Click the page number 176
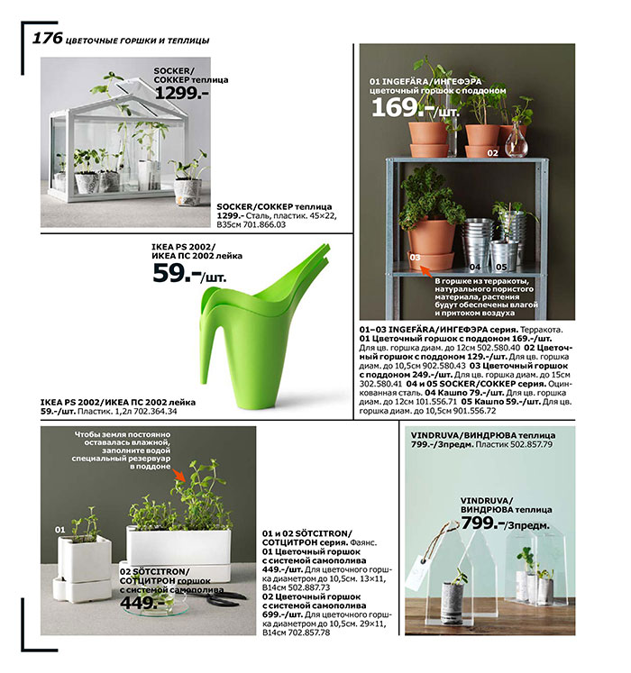point(47,38)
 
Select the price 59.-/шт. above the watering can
point(185,274)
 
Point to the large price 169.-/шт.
point(414,108)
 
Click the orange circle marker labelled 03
point(416,257)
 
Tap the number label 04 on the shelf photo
point(476,267)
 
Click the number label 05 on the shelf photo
point(501,267)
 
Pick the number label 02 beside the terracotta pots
point(492,153)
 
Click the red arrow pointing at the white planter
point(180,475)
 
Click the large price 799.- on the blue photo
point(481,523)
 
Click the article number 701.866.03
point(261,224)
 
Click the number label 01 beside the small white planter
point(59,529)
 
